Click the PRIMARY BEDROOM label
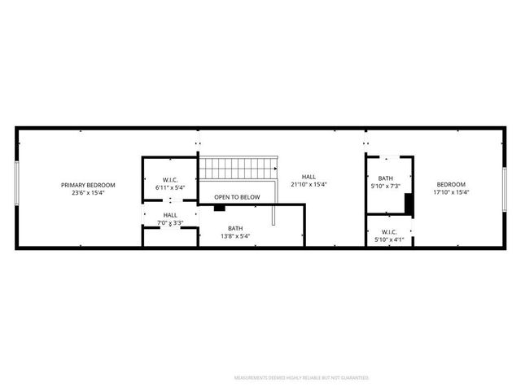[x=88, y=185]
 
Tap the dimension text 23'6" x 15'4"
[x=88, y=193]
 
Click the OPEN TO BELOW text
[x=237, y=197]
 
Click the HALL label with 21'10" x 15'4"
[x=309, y=177]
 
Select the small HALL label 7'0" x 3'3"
[x=170, y=215]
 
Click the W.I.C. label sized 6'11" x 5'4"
[x=170, y=180]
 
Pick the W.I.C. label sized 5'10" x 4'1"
[x=389, y=231]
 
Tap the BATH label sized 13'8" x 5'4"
[x=235, y=228]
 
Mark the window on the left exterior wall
[x=17, y=187]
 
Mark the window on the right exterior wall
[x=505, y=188]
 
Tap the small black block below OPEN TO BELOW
[x=219, y=208]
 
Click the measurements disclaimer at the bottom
[x=301, y=378]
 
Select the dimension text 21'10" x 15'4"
[x=309, y=185]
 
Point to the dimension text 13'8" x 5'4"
[x=235, y=236]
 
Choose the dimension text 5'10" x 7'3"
[x=385, y=186]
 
